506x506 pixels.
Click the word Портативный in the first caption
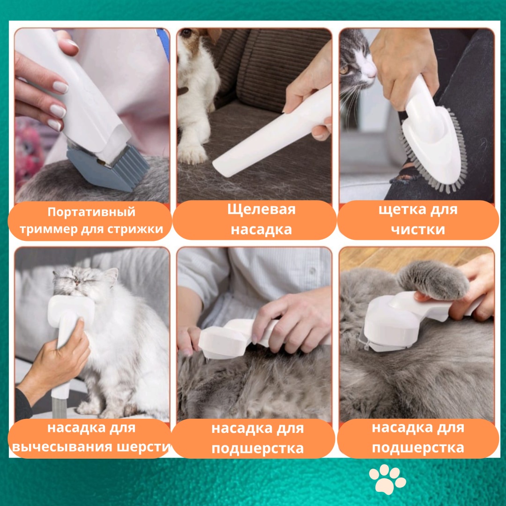coord(91,212)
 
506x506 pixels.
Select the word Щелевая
coord(261,209)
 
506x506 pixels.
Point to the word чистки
coord(418,230)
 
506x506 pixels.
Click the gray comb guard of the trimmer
coord(110,167)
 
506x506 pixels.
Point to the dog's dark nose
coord(185,33)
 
